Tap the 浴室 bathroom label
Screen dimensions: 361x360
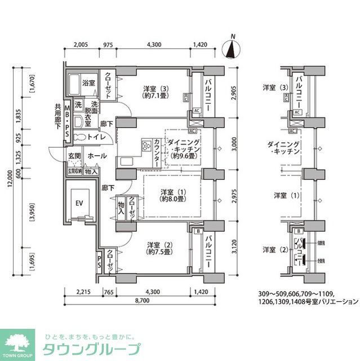pos(88,82)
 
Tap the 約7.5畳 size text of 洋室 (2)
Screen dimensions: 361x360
pos(159,253)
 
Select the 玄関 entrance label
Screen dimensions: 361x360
pos(75,156)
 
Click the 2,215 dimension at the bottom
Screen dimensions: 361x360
pos(83,292)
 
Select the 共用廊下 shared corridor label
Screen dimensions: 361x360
pos(58,116)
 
